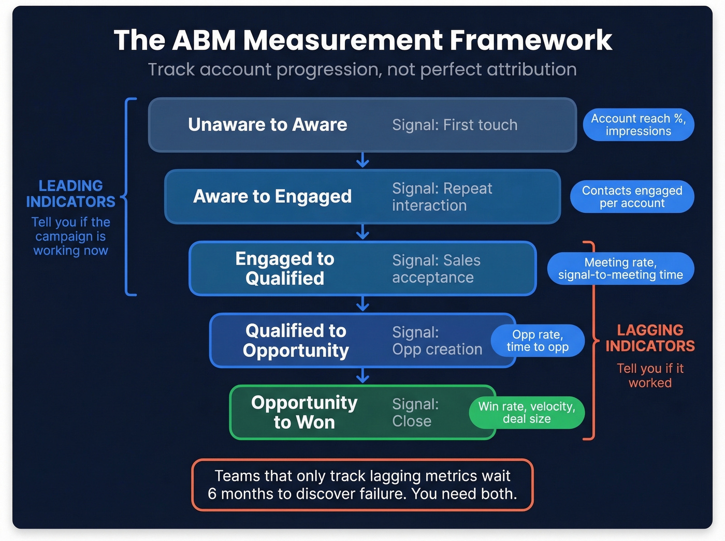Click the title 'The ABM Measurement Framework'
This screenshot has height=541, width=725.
[x=363, y=40]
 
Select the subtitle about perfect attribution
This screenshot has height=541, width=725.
[x=363, y=69]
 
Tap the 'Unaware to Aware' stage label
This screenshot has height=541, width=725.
[x=267, y=125]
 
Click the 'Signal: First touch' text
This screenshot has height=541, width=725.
[x=455, y=125]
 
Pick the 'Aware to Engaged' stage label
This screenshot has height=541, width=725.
[x=272, y=197]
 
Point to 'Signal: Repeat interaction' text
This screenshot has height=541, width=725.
[x=442, y=197]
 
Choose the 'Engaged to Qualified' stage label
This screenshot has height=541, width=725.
[x=285, y=268]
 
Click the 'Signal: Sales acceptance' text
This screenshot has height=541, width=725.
[x=436, y=269]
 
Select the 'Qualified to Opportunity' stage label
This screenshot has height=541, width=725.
[x=296, y=340]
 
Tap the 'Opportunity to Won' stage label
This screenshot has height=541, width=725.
[x=304, y=412]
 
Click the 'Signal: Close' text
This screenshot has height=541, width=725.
[x=415, y=413]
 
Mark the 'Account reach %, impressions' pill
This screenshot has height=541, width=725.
[x=638, y=125]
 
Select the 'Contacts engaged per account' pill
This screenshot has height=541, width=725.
[x=632, y=197]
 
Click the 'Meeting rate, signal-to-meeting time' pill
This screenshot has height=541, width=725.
[x=620, y=269]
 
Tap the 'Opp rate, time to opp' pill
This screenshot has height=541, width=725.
[x=538, y=341]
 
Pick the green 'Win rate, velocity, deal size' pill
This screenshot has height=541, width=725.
[x=527, y=413]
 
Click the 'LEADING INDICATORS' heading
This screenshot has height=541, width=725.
[x=71, y=194]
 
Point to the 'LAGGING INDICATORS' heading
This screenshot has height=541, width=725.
[x=650, y=338]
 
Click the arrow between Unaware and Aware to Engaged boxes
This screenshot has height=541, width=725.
[x=363, y=160]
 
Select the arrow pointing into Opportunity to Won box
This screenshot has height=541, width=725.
[x=363, y=376]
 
